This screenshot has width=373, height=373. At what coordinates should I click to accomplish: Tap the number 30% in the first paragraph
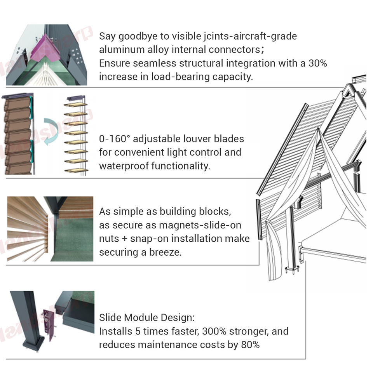pos(318,63)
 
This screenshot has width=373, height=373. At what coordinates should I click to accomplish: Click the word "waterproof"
pos(124,166)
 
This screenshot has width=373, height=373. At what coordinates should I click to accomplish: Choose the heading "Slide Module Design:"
pos(146,317)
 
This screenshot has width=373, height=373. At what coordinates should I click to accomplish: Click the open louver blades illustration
pos(76,134)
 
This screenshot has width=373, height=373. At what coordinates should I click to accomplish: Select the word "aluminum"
pos(116,50)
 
